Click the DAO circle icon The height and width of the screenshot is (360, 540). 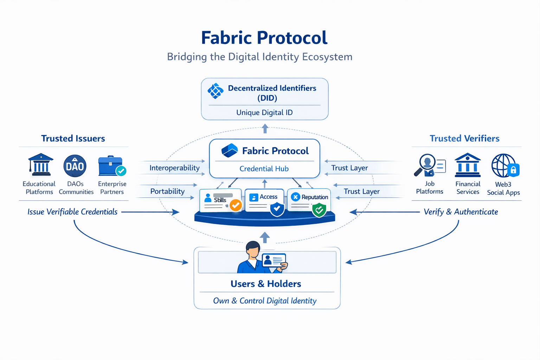pos(75,166)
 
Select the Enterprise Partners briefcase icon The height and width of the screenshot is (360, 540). pos(111,166)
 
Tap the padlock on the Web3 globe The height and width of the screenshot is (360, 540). pos(513,171)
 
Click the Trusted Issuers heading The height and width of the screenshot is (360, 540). pos(73,139)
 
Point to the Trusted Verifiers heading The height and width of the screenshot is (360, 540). pos(464,139)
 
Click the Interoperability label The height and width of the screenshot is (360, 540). pos(174,168)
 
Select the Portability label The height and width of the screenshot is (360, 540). pos(167,191)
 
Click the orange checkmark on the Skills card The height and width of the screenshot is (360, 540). pos(236,205)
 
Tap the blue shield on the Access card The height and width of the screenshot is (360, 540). pos(277,208)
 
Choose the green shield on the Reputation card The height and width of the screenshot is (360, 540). pos(319,210)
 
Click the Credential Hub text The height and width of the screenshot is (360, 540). pos(264,169)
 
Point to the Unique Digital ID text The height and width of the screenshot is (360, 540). pos(264,112)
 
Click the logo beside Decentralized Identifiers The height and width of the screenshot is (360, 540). pos(216,91)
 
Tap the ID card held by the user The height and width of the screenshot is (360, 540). pos(274,261)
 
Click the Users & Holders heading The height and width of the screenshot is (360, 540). pos(266,284)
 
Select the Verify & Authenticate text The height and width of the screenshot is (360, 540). pos(461,212)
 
